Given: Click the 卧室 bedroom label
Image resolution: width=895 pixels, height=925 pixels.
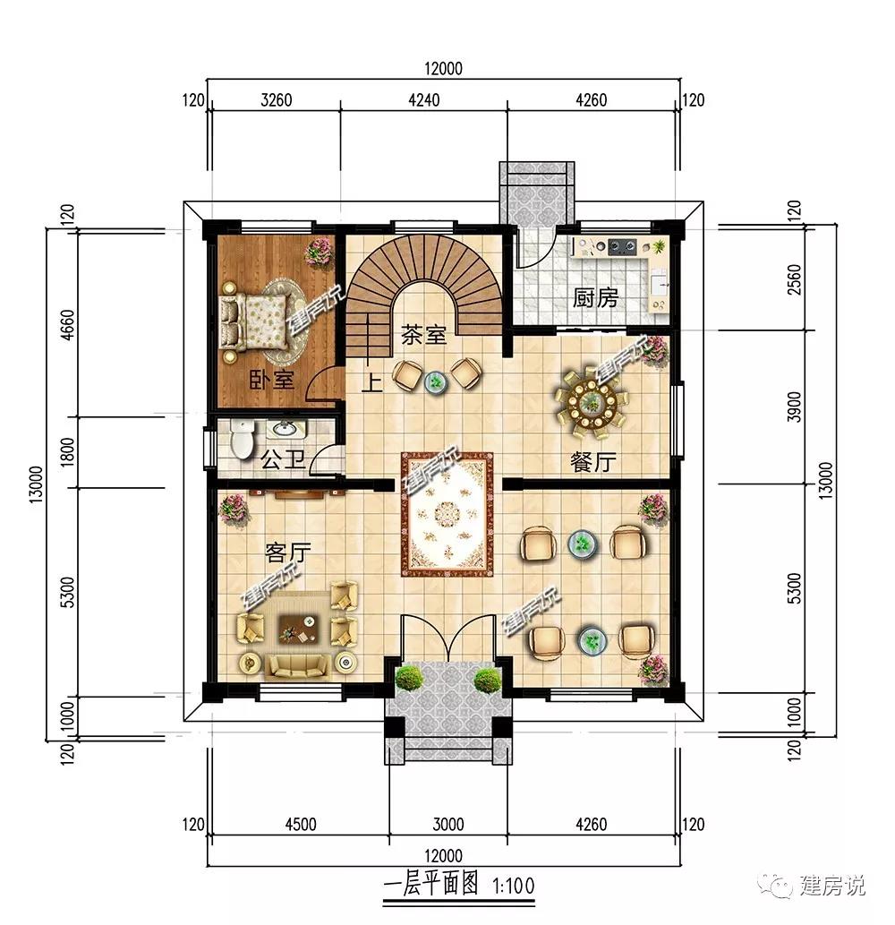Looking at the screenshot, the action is click(271, 380).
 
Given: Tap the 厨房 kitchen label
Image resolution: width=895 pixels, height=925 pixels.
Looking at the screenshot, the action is click(595, 298).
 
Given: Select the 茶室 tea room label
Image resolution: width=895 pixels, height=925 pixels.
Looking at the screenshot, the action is click(423, 336).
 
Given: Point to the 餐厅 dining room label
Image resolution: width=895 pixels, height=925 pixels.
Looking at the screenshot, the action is click(593, 462).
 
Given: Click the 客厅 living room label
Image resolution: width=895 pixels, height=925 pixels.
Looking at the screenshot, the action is click(287, 553).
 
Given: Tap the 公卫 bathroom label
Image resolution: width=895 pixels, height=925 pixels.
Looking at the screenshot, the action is click(283, 460).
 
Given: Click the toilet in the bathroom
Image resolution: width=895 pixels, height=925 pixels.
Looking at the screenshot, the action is click(242, 440).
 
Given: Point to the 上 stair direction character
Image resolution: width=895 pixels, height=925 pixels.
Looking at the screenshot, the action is click(372, 383).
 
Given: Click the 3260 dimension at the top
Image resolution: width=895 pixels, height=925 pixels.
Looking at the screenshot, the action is click(276, 100).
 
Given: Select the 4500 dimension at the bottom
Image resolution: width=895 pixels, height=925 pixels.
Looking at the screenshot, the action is click(301, 824).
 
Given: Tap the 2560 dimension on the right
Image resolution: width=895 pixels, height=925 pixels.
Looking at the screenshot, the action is click(794, 280).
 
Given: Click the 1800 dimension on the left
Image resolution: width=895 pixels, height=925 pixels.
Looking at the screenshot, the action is click(68, 452).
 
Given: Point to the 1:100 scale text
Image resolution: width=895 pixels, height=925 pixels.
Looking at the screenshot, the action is click(514, 886).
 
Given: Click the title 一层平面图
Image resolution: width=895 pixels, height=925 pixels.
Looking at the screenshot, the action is click(431, 885).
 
